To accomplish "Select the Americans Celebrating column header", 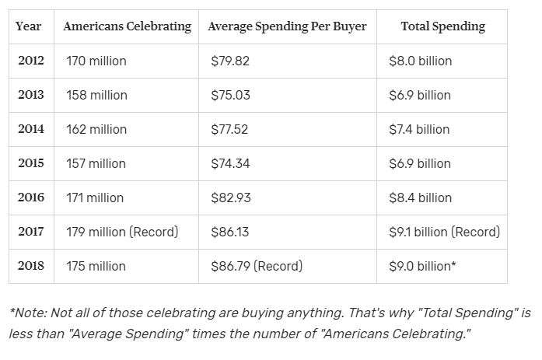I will point(127,26).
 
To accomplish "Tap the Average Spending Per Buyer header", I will point(287,26).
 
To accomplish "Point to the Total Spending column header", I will point(442,26).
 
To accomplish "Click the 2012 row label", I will point(31,61).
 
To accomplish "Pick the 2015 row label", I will point(31,163).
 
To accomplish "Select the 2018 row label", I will point(31,266).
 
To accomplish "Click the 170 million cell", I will point(96,61).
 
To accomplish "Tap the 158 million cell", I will point(96,95).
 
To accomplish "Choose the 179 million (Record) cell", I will point(122,232).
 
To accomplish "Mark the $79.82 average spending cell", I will point(231,61).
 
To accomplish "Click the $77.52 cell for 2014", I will point(231,129).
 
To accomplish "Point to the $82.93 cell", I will point(231,197).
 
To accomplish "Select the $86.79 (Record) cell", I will point(257,266).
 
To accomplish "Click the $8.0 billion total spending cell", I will point(420,61).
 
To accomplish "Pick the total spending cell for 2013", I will point(420,95).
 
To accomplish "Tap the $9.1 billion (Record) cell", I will point(444,232).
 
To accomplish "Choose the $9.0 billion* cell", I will point(422,266).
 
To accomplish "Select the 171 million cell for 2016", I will point(95,197).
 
